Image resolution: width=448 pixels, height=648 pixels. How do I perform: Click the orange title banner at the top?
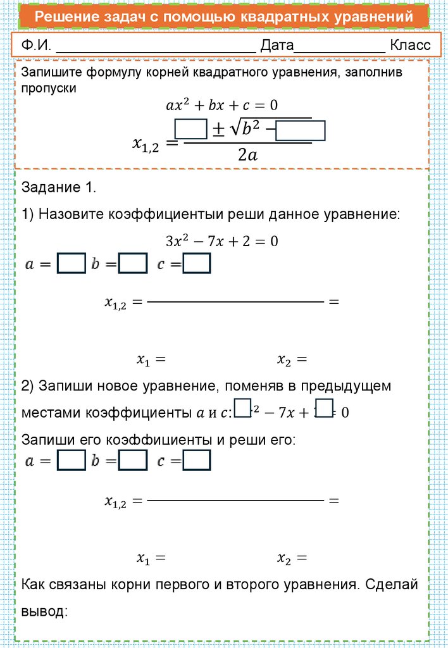point(223,17)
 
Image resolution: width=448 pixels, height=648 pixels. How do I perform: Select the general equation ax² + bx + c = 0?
point(221,104)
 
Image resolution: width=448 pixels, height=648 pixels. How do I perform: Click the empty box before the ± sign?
point(191,129)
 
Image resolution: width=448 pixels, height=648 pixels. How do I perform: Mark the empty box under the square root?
point(301,131)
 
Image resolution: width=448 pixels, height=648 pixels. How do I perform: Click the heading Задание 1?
point(58,187)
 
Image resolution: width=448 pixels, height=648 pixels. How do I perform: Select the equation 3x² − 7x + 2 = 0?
point(221,241)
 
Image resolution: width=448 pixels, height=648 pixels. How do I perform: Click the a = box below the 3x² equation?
point(72,264)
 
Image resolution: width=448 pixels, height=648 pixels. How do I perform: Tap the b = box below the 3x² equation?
point(133,264)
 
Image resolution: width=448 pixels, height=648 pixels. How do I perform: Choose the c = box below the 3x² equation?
point(197,264)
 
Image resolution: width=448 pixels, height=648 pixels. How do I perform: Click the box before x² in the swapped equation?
point(242,409)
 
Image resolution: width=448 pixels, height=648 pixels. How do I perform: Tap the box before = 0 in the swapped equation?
point(324,409)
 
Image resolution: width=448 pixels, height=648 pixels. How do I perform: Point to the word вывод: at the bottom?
point(44,612)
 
